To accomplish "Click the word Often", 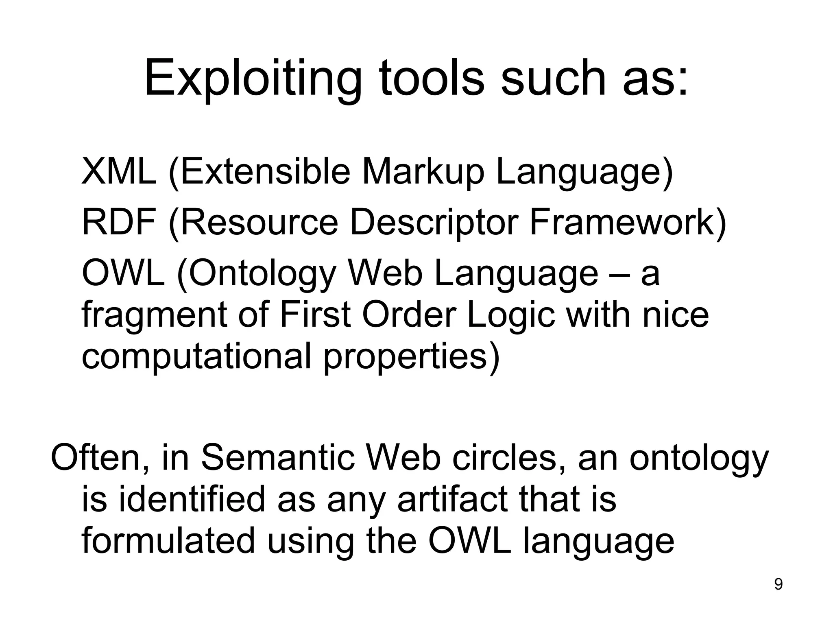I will coord(99,458).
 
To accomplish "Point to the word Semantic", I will coord(280,458).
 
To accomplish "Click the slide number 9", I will coord(778,585).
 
